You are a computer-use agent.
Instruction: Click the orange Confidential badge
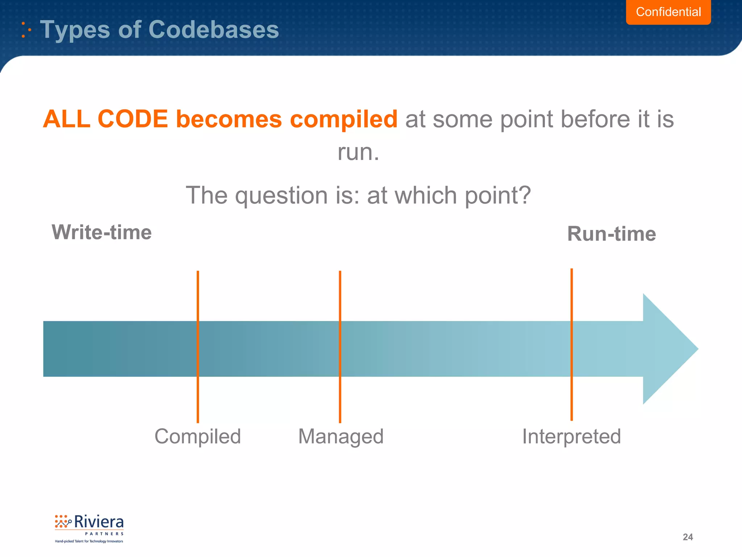[668, 12]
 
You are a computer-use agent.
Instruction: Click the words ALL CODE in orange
[105, 119]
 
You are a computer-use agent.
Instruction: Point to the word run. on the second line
[358, 152]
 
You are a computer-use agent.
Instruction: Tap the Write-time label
[101, 232]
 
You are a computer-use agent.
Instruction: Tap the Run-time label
[611, 234]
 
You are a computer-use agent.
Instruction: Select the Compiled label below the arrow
[197, 436]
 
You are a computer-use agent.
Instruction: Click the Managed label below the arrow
[341, 436]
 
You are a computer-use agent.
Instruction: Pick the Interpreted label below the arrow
[571, 436]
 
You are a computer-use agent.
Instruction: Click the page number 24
[687, 537]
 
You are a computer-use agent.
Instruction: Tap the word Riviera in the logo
[99, 522]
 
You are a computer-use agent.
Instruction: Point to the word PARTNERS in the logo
[104, 534]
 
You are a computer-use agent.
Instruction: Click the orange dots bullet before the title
[25, 30]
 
